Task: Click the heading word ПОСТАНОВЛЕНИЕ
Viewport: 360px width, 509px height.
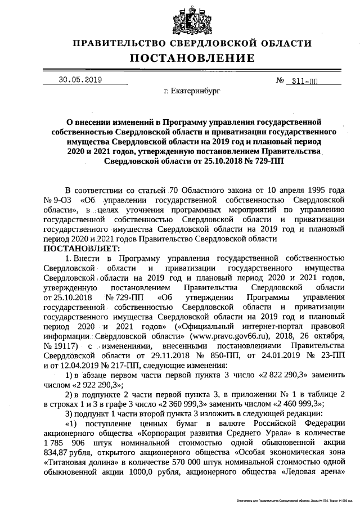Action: click(x=192, y=57)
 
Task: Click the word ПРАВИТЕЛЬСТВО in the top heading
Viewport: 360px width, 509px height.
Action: click(x=120, y=43)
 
